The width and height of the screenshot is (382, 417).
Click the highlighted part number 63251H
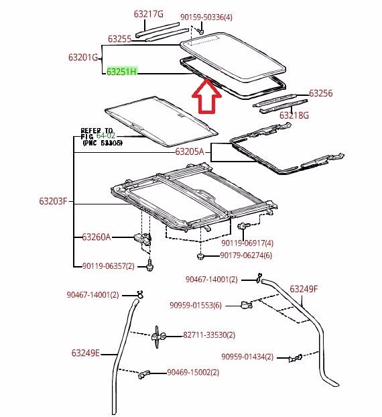pyautogui.click(x=121, y=72)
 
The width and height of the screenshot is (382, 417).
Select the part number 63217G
pyautogui.click(x=148, y=13)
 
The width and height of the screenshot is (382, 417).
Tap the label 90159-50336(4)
pyautogui.click(x=206, y=16)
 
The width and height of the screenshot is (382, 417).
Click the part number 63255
pyautogui.click(x=119, y=39)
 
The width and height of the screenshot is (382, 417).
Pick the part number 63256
pyautogui.click(x=321, y=94)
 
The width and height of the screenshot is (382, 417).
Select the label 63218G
pyautogui.click(x=294, y=115)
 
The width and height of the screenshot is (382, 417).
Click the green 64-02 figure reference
pyautogui.click(x=107, y=135)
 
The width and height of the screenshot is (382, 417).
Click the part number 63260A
pyautogui.click(x=97, y=237)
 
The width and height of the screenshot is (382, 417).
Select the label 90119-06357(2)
pyautogui.click(x=109, y=266)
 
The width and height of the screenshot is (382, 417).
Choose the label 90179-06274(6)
pyautogui.click(x=247, y=255)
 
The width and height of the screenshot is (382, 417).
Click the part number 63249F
pyautogui.click(x=304, y=289)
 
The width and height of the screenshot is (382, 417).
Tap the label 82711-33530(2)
pyautogui.click(x=209, y=335)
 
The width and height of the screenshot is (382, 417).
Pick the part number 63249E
pyautogui.click(x=85, y=353)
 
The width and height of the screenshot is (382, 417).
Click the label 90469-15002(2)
pyautogui.click(x=192, y=372)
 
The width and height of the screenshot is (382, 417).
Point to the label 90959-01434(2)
pyautogui.click(x=247, y=357)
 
